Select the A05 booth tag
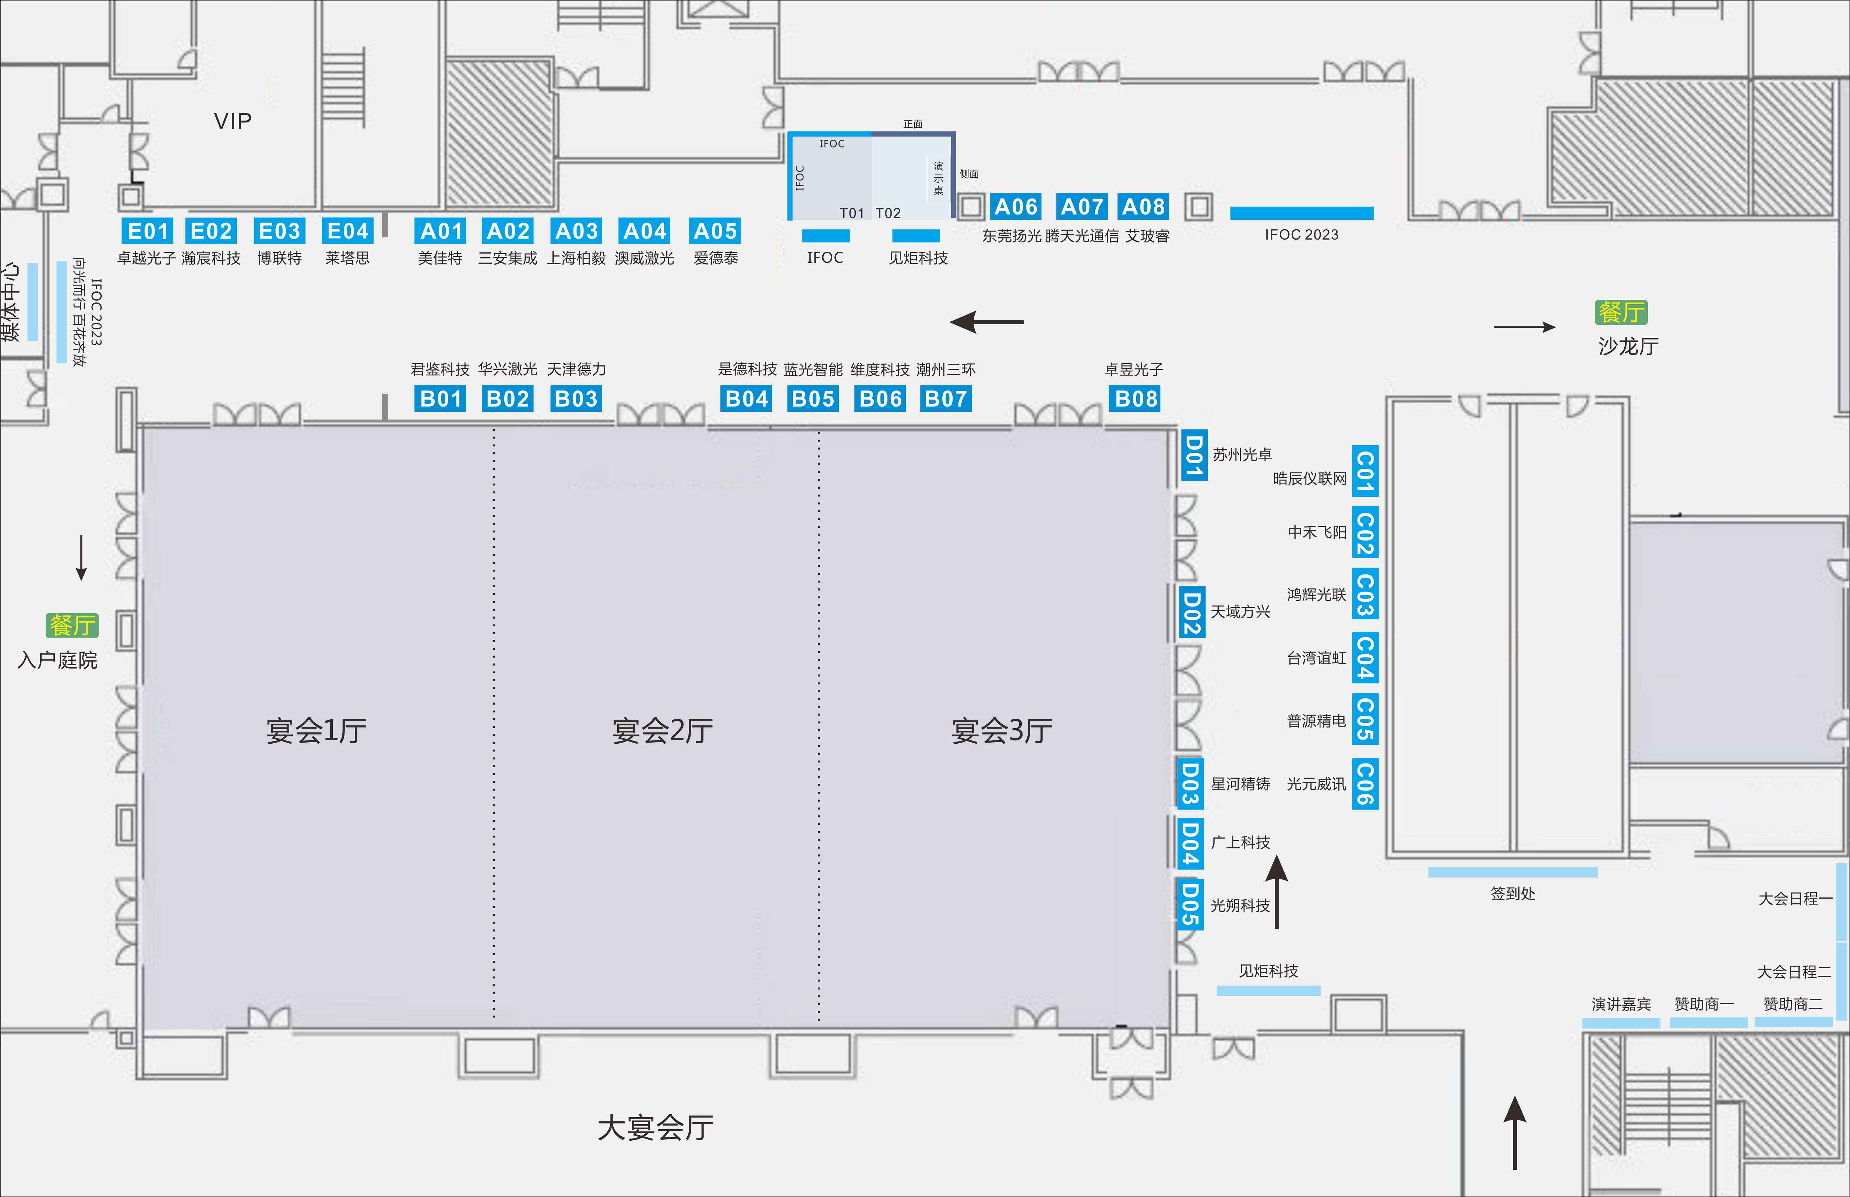(715, 231)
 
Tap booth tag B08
(1136, 399)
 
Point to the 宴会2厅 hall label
(662, 731)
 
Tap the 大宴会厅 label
(655, 1127)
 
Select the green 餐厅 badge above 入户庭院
(72, 625)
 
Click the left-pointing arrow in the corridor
(986, 321)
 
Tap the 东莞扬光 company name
(1011, 235)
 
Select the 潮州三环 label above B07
(945, 369)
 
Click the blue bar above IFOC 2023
(1302, 213)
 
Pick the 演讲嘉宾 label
(1621, 1004)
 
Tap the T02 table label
(888, 213)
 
